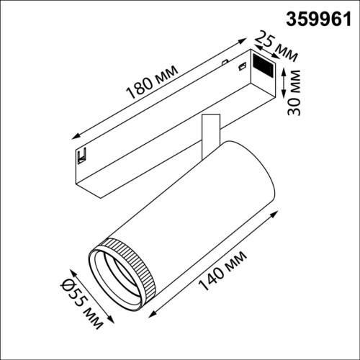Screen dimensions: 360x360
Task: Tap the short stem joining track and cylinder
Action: (x=209, y=132)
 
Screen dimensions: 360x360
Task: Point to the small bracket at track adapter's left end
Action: (x=81, y=156)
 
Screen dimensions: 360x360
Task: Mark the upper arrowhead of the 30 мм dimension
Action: (x=286, y=70)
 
